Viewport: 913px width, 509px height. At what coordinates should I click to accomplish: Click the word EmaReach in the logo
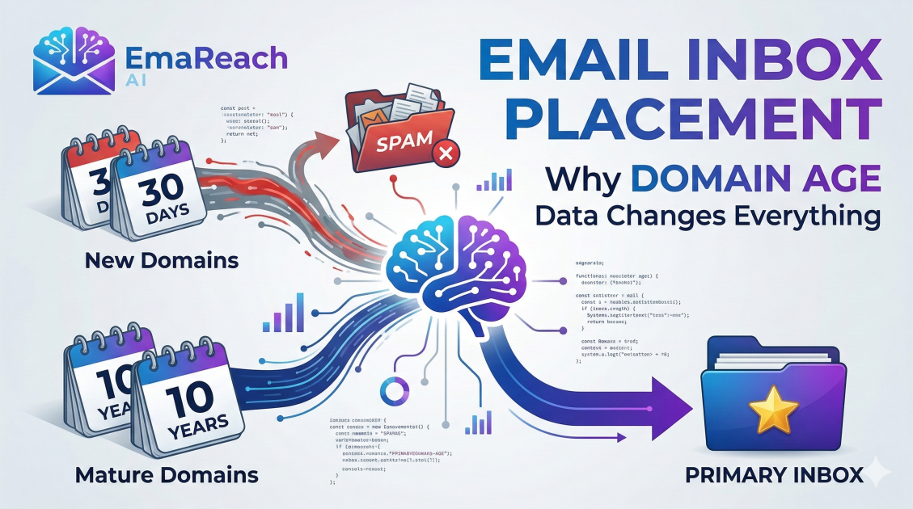click(207, 58)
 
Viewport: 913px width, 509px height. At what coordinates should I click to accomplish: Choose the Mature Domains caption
click(167, 474)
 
